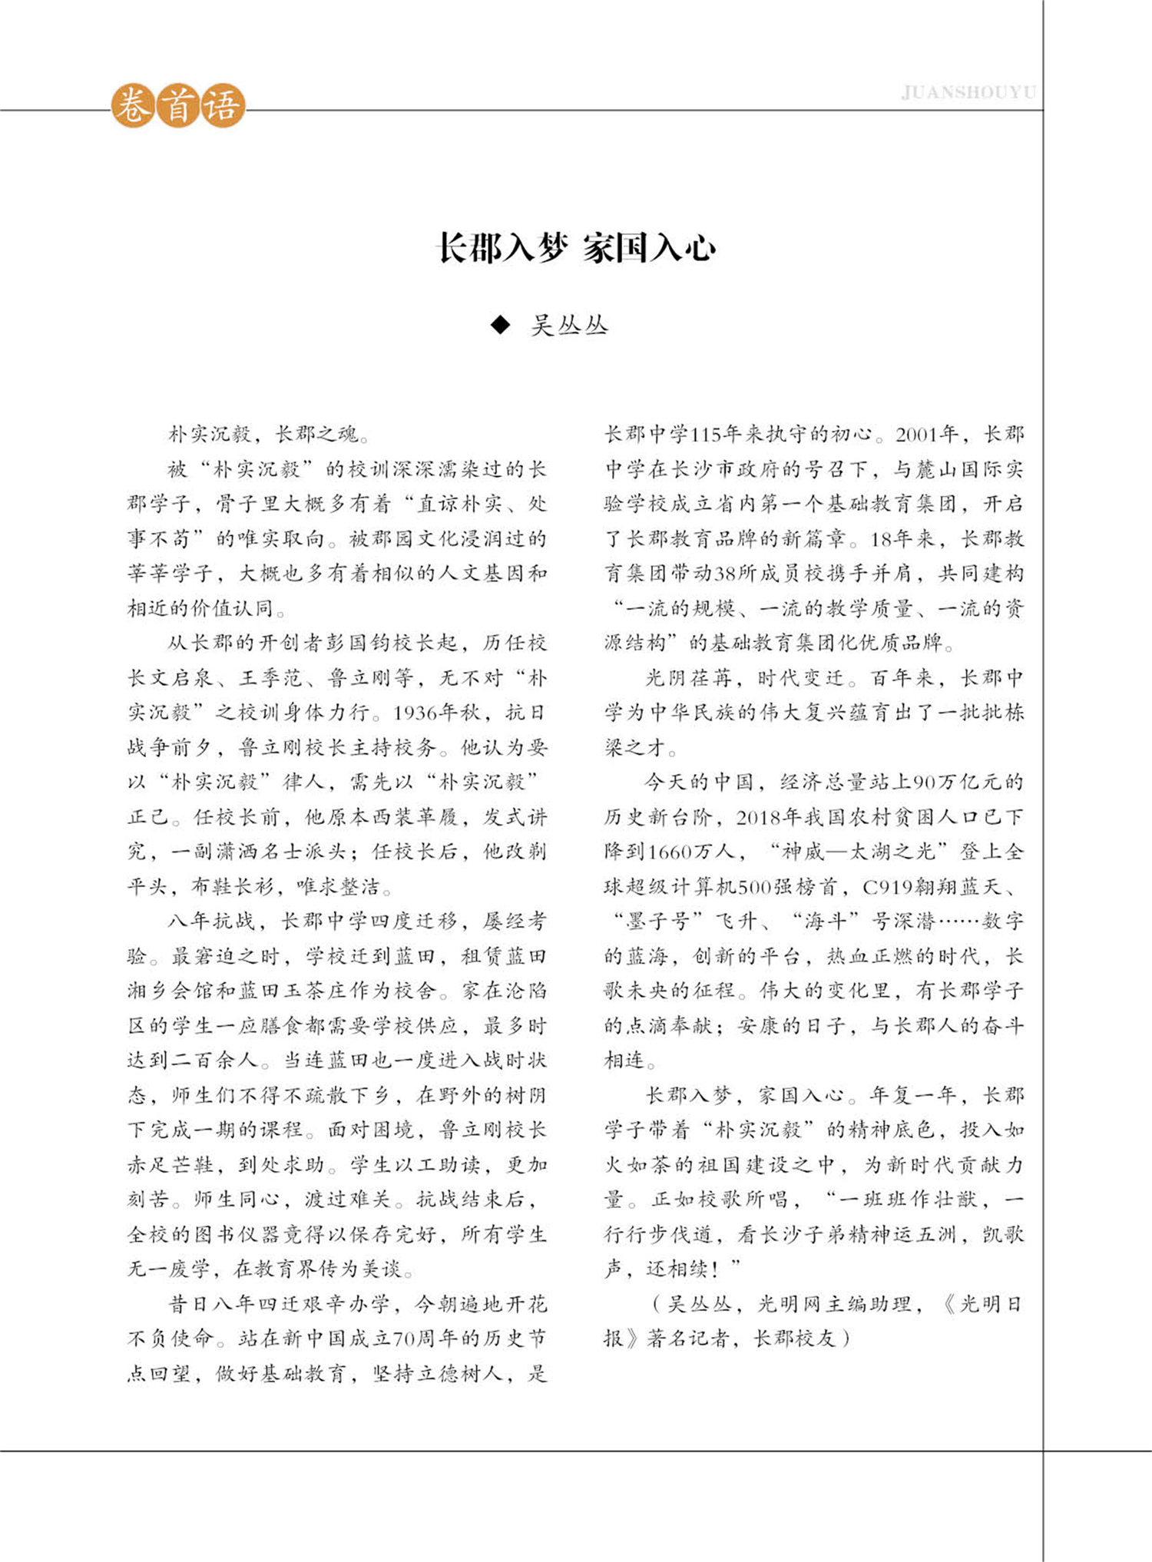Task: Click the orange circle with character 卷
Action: point(134,105)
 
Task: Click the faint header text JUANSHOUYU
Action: point(968,93)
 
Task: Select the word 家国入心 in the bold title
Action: point(649,249)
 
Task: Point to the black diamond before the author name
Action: point(500,326)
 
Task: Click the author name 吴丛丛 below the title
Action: point(569,326)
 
